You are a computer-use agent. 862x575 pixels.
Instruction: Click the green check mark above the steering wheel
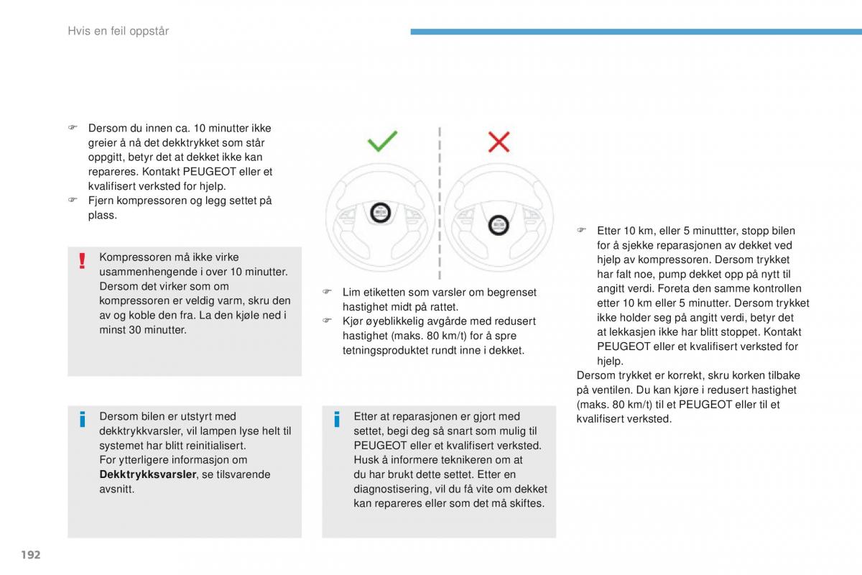[x=382, y=141]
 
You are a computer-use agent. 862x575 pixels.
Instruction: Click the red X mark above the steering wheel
[x=499, y=142]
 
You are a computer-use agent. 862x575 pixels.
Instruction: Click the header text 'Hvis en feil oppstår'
[x=118, y=31]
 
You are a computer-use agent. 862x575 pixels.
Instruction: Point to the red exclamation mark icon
[x=83, y=261]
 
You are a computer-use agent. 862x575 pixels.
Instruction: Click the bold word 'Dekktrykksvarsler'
[x=147, y=474]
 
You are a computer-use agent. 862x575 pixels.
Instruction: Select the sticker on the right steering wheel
[x=497, y=226]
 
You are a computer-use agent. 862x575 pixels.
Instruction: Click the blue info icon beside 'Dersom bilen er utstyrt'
[x=83, y=419]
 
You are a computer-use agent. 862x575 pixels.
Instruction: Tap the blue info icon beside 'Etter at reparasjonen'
[x=337, y=419]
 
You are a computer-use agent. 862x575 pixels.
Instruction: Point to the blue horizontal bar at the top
[x=636, y=32]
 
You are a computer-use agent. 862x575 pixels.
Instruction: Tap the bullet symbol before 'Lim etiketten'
[x=326, y=293]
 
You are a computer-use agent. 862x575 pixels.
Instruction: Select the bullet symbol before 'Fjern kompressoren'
[x=72, y=201]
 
